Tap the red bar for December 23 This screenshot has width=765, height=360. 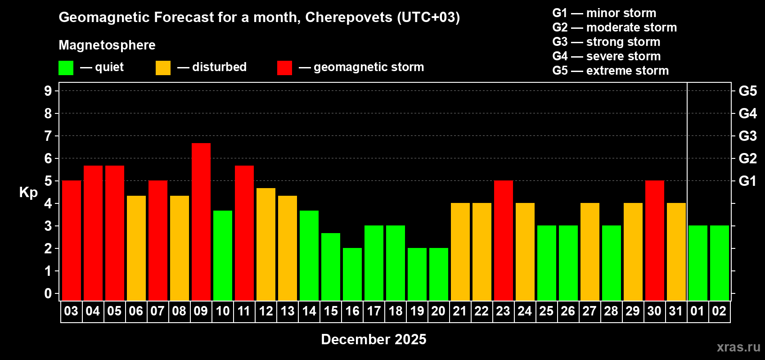(x=503, y=240)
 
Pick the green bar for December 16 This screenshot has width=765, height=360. (x=352, y=274)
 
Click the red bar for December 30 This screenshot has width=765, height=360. (x=654, y=240)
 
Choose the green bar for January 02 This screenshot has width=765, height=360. (x=719, y=263)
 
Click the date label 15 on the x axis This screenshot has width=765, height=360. (x=331, y=311)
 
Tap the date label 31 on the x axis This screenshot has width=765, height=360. (x=676, y=311)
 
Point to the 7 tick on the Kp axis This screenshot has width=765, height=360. (x=48, y=136)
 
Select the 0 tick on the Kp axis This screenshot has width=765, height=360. (x=48, y=293)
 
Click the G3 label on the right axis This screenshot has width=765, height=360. (x=747, y=136)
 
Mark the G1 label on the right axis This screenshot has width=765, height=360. (x=747, y=181)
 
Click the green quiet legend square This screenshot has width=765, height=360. (x=66, y=68)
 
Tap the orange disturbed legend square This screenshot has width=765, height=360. (x=163, y=68)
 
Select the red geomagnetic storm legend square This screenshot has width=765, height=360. (x=284, y=68)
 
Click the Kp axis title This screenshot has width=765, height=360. (x=28, y=192)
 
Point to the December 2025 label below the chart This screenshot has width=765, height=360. (x=373, y=339)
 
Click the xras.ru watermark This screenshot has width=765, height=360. (x=738, y=347)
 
